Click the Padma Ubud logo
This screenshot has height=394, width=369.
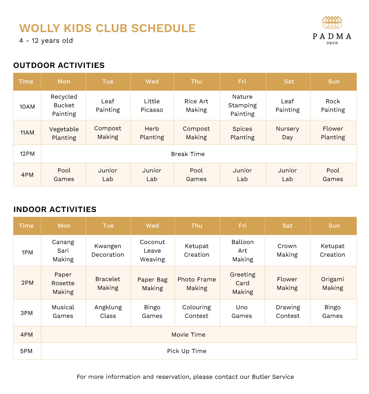pyautogui.click(x=332, y=30)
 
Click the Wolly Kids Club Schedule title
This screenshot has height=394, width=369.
pyautogui.click(x=107, y=28)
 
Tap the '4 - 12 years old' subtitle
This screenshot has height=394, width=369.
pyautogui.click(x=46, y=41)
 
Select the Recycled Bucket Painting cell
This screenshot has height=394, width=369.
pyautogui.click(x=64, y=105)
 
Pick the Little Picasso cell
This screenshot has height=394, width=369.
pyautogui.click(x=152, y=105)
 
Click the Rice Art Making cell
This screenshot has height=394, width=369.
pyautogui.click(x=196, y=105)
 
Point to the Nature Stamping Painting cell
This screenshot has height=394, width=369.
pyautogui.click(x=242, y=105)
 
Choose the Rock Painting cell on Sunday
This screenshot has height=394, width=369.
pyautogui.click(x=333, y=105)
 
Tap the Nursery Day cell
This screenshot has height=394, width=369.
pyautogui.click(x=287, y=133)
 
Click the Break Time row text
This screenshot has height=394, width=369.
pyautogui.click(x=188, y=154)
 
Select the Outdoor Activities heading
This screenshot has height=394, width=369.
pyautogui.click(x=59, y=65)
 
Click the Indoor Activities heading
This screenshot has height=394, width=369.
pyautogui.click(x=55, y=209)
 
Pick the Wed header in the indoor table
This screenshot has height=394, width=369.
pyautogui.click(x=152, y=226)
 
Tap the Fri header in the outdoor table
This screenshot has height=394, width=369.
pyautogui.click(x=242, y=82)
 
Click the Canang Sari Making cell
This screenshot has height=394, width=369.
pyautogui.click(x=63, y=251)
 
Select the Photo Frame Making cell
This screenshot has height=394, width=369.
pyautogui.click(x=197, y=283)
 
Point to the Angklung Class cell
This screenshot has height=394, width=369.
pyautogui.click(x=108, y=311)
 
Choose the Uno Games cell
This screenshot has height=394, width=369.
pyautogui.click(x=242, y=311)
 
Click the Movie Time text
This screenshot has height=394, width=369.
pyautogui.click(x=188, y=335)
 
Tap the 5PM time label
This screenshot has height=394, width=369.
pyautogui.click(x=26, y=351)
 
